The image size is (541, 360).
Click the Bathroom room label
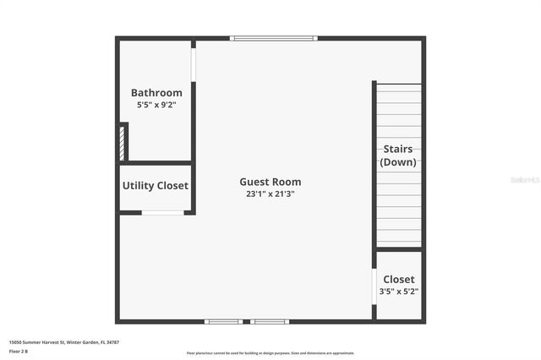[x=156, y=93]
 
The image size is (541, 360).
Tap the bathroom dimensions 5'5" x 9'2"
[x=156, y=105]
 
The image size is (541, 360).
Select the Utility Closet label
[x=156, y=186]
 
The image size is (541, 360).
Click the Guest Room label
[x=270, y=182]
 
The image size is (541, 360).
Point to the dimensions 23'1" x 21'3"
[x=270, y=194]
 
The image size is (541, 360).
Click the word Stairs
[x=398, y=150]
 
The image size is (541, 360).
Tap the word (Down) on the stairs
[x=398, y=162]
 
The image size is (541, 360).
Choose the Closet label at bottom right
[x=399, y=279]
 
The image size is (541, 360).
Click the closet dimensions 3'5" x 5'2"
[x=399, y=292]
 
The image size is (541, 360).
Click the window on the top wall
[x=274, y=38]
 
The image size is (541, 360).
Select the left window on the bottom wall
[x=224, y=321]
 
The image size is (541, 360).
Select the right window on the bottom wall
[x=270, y=321]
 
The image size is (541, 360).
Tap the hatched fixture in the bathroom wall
[x=123, y=142]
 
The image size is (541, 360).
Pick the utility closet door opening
[x=162, y=212]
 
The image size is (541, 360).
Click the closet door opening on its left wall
[x=374, y=286]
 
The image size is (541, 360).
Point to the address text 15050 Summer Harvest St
[x=64, y=342]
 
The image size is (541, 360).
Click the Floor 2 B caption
[x=19, y=351]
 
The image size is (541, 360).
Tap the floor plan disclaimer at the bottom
[x=270, y=353]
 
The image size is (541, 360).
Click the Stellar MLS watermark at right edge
[x=530, y=180]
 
